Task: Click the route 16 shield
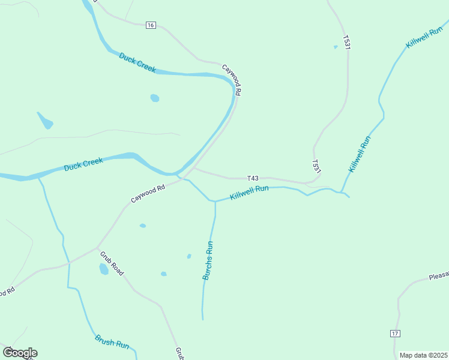[150, 25]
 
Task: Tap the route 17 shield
[394, 334]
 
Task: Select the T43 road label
[253, 178]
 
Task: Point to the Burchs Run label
[208, 261]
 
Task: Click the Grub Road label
[112, 263]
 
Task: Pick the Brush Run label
[112, 342]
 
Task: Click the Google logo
[20, 353]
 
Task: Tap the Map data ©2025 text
[423, 355]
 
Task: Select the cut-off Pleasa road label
[439, 277]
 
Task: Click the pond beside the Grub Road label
[104, 269]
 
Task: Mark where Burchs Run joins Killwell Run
[215, 202]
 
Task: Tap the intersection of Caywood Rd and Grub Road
[97, 247]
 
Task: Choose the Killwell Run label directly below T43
[249, 193]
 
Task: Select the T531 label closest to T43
[316, 167]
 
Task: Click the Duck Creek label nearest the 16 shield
[137, 62]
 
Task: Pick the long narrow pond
[45, 121]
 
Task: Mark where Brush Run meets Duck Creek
[39, 178]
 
